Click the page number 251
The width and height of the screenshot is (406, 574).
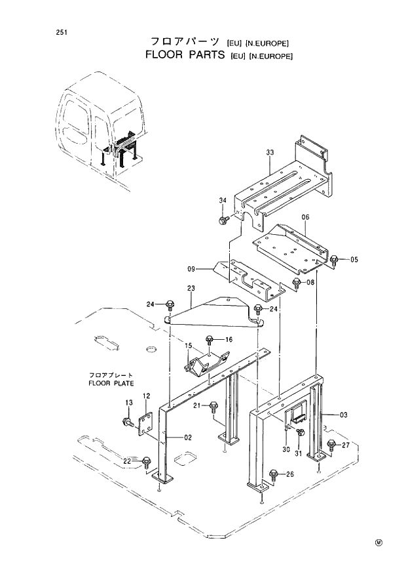[44, 32]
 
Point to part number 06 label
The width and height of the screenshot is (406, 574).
[305, 216]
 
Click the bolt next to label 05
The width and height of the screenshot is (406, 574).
[334, 259]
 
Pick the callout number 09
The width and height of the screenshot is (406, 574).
[191, 268]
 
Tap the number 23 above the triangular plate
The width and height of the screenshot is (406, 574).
[191, 288]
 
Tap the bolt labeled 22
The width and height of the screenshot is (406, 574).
[146, 462]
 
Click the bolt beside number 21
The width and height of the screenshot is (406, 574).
[213, 407]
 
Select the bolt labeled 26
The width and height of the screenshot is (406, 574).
[273, 474]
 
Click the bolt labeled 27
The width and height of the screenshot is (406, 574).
[331, 445]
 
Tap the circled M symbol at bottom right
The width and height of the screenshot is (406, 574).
[378, 542]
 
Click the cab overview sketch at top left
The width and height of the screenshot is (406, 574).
[101, 125]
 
